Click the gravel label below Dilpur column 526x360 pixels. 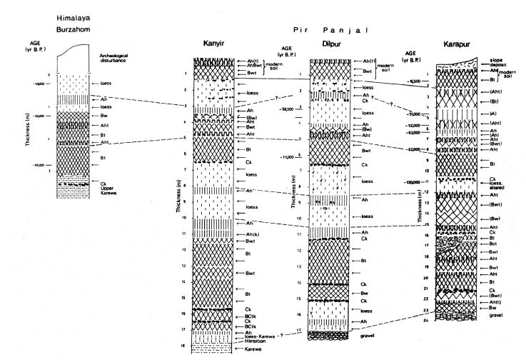coord(368,335)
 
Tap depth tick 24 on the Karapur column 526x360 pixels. coord(424,320)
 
